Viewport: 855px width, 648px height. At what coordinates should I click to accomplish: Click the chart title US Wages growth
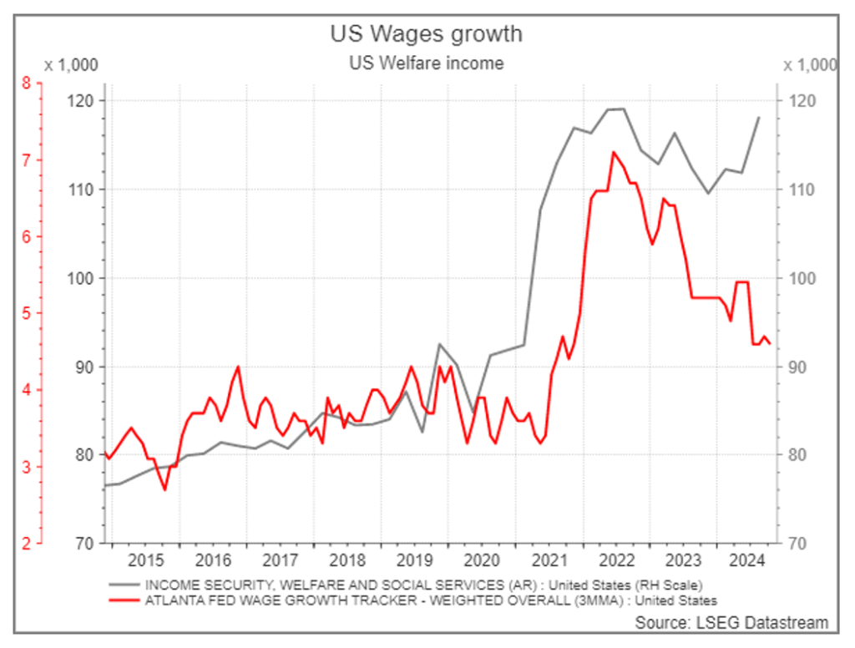[x=426, y=33]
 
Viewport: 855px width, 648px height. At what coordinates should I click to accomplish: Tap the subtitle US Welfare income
[x=426, y=63]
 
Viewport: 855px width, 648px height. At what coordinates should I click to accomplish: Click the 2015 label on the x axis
[x=145, y=559]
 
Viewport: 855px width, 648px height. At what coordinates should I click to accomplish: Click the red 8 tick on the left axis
[x=27, y=84]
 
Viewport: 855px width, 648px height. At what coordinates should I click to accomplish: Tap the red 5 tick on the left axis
[x=27, y=313]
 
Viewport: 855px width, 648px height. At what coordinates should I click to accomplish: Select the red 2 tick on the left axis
[x=27, y=544]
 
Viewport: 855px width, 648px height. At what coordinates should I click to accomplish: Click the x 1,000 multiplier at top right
[x=810, y=64]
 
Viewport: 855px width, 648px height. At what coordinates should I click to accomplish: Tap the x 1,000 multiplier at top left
[x=71, y=64]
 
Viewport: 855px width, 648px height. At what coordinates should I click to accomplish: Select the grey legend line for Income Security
[x=124, y=584]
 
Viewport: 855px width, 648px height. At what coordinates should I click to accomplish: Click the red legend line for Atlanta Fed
[x=124, y=600]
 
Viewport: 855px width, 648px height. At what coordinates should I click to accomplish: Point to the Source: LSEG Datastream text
[x=731, y=623]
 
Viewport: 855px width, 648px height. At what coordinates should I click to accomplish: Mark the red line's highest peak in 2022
[x=614, y=152]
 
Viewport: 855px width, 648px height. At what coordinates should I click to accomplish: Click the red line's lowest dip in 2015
[x=164, y=489]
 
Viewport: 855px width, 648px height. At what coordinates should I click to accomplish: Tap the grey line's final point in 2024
[x=759, y=118]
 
